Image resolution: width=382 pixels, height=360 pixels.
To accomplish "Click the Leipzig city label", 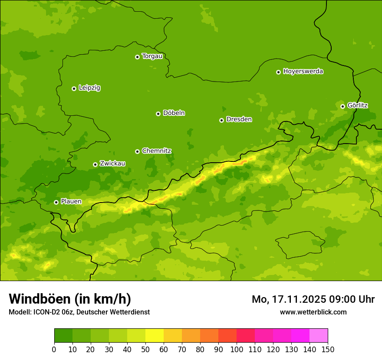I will pyautogui.click(x=89, y=88).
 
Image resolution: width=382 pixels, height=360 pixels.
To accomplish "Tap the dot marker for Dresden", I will pyautogui.click(x=221, y=120).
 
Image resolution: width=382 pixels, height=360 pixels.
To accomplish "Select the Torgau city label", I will pyautogui.click(x=152, y=56).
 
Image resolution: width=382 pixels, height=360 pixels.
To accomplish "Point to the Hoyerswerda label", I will pyautogui.click(x=303, y=72).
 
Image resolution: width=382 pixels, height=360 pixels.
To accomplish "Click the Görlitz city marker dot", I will pyautogui.click(x=342, y=106).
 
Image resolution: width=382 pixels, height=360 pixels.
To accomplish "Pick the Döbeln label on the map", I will pyautogui.click(x=174, y=113).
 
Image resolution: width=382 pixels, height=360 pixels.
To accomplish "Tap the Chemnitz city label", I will pyautogui.click(x=156, y=151).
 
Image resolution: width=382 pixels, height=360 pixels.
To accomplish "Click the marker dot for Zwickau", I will pyautogui.click(x=95, y=164).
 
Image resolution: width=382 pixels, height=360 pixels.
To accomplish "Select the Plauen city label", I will pyautogui.click(x=71, y=202).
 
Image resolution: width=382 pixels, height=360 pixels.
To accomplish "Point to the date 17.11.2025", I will pyautogui.click(x=300, y=299).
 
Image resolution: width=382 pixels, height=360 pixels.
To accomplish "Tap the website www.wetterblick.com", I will pyautogui.click(x=313, y=312).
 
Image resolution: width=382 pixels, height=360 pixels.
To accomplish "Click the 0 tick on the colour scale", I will pyautogui.click(x=54, y=349).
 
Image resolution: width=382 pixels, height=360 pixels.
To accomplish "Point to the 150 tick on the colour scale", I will pyautogui.click(x=328, y=349).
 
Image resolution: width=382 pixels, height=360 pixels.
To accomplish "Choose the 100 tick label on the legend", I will pyautogui.click(x=237, y=349).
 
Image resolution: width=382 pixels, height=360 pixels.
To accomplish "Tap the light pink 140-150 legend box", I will pyautogui.click(x=319, y=336).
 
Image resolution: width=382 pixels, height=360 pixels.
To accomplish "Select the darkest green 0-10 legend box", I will pyautogui.click(x=63, y=336).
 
